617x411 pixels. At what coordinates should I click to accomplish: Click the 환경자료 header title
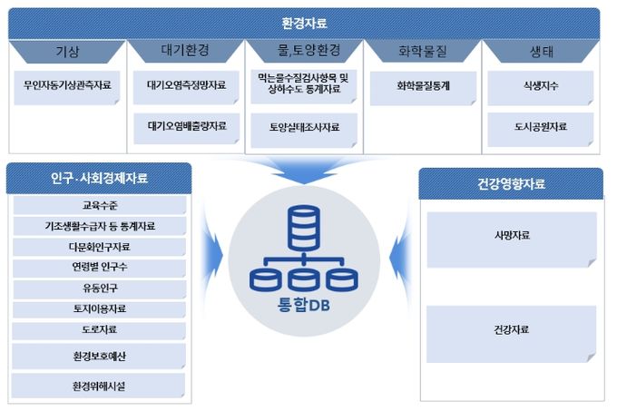pyautogui.click(x=304, y=24)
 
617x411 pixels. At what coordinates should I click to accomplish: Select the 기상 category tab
pyautogui.click(x=67, y=52)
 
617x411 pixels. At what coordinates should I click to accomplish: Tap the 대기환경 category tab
pyautogui.click(x=185, y=51)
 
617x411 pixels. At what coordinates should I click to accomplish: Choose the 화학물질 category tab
pyautogui.click(x=422, y=51)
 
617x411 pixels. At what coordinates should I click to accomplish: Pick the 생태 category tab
pyautogui.click(x=541, y=52)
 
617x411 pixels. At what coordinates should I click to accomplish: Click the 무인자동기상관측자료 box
pyautogui.click(x=67, y=88)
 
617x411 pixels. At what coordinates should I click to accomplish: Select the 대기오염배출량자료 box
pyautogui.click(x=187, y=129)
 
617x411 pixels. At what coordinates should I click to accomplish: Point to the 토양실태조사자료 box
pyautogui.click(x=304, y=130)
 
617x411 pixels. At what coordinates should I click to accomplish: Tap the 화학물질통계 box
pyautogui.click(x=423, y=89)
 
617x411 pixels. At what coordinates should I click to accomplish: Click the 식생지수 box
pyautogui.click(x=540, y=88)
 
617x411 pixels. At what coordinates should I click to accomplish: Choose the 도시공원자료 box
pyautogui.click(x=540, y=130)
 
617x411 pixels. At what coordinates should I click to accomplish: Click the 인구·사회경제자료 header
pyautogui.click(x=99, y=178)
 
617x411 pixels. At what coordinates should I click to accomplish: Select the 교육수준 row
pyautogui.click(x=100, y=205)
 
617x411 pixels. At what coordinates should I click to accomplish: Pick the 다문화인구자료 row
pyautogui.click(x=99, y=247)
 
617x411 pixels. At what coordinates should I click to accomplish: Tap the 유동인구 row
pyautogui.click(x=100, y=289)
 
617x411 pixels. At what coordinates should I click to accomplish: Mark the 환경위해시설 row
pyautogui.click(x=98, y=386)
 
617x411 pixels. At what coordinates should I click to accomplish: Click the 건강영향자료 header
pyautogui.click(x=511, y=183)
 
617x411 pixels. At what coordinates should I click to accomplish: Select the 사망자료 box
pyautogui.click(x=512, y=240)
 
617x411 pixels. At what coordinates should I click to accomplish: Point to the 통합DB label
pyautogui.click(x=304, y=305)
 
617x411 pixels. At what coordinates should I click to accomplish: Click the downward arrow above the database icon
pyautogui.click(x=304, y=170)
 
